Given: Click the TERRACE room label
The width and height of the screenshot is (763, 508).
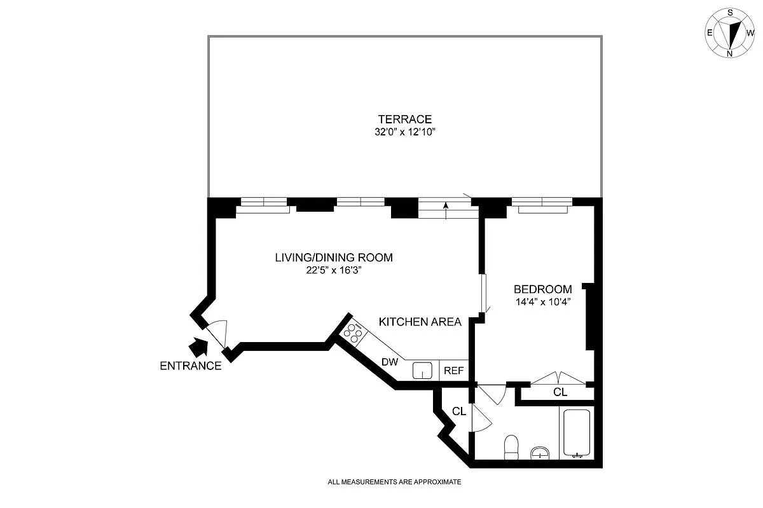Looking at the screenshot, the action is tap(404, 120).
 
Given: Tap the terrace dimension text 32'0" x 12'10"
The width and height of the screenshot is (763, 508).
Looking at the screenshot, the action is tap(405, 132).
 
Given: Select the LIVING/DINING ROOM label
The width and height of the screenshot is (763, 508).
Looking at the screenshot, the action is tap(334, 257).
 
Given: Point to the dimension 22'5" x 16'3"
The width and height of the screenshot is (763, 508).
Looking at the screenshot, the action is tap(333, 270).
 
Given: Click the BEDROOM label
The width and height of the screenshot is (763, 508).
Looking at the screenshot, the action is tap(542, 289).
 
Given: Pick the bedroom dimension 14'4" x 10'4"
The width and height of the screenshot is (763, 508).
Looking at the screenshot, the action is tap(543, 302).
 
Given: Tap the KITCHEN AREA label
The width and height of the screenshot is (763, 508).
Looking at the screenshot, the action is tap(420, 322).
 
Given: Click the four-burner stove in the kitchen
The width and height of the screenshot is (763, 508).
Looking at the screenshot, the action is tap(354, 333).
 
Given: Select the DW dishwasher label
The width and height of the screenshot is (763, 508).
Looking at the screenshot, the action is tap(390, 362).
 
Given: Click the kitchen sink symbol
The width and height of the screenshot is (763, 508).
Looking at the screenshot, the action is tap(422, 371).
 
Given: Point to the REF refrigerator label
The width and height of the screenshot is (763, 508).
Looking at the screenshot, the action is tap(454, 371).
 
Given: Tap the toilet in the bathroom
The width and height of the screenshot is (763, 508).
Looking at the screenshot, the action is tap(511, 447).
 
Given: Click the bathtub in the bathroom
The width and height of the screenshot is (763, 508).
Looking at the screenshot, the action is tap(577, 433).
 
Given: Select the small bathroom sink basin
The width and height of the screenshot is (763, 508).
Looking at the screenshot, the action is tap(540, 453).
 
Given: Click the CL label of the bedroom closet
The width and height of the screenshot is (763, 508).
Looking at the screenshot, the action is tap(560, 392).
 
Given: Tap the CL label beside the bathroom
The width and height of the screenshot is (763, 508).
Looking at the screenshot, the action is tap(459, 411).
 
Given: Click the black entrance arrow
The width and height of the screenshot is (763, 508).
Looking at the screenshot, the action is tap(198, 347).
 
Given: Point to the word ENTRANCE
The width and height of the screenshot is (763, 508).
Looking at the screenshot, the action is tap(191, 366).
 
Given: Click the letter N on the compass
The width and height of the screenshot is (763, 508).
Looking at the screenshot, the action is tap(730, 54).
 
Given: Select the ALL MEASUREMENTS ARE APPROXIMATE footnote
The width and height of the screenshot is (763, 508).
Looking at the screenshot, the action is tap(394, 482).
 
